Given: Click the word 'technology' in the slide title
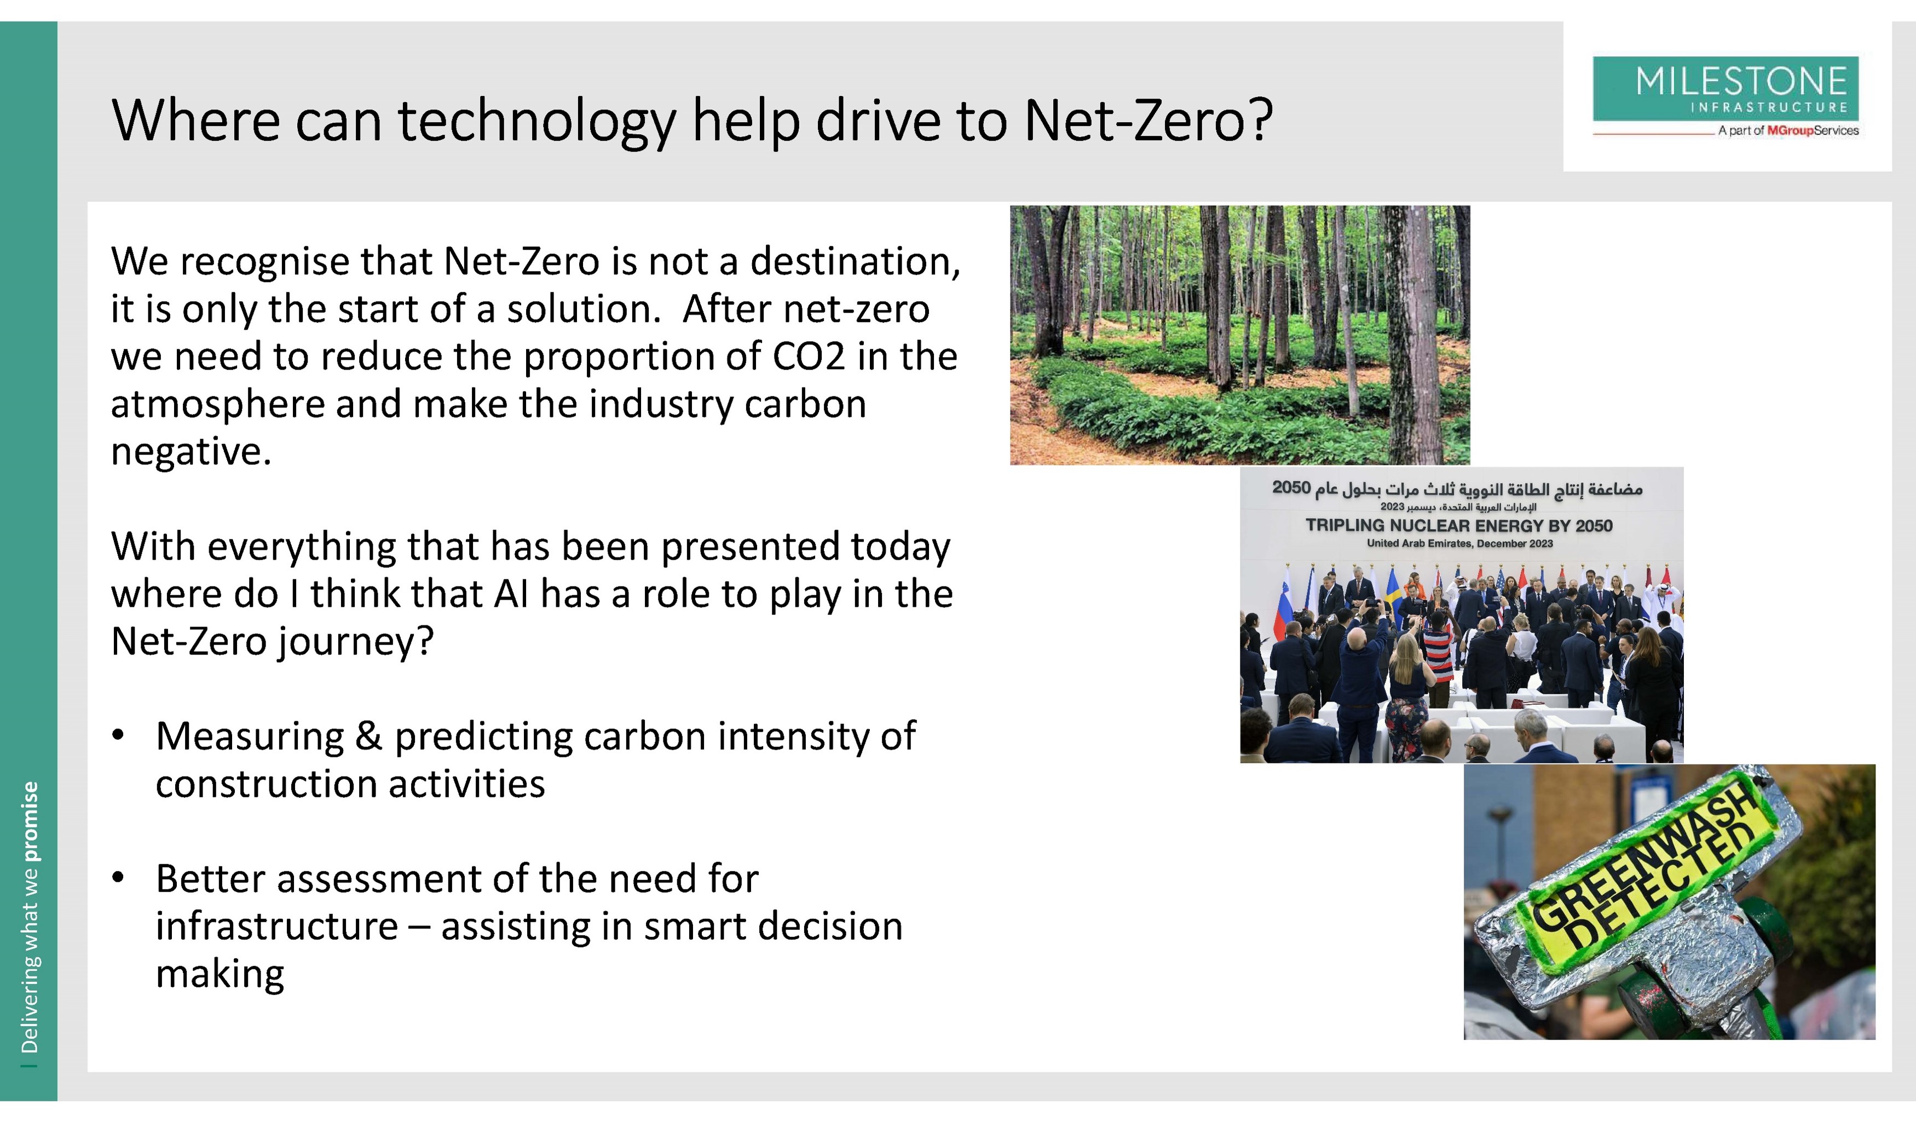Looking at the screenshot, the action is pos(537,122).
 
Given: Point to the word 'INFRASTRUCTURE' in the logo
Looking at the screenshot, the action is pos(1769,107).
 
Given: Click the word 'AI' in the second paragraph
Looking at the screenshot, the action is pos(511,594).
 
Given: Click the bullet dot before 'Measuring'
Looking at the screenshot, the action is pos(118,735).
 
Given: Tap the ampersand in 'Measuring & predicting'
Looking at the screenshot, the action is pos(369,736).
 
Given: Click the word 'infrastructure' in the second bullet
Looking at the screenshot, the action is pos(277,926).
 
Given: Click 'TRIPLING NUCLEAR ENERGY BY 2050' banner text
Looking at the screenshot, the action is pos(1458,525).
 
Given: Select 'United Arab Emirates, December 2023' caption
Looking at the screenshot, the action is pos(1459,543).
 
